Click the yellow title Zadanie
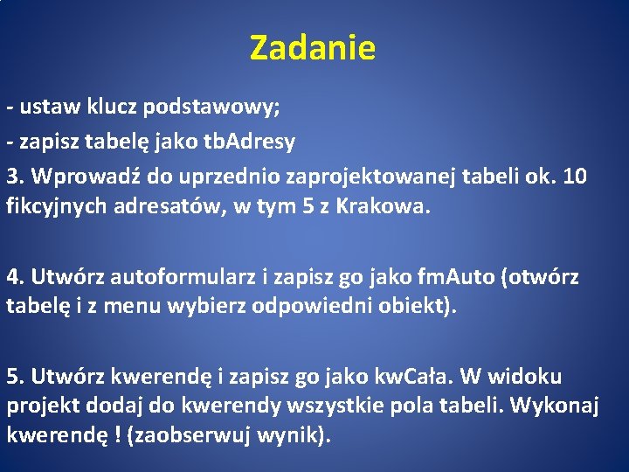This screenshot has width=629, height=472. (313, 48)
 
